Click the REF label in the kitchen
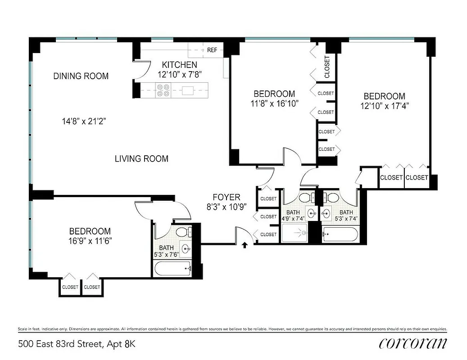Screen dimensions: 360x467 [212, 50]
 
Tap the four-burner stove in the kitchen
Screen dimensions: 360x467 [163, 90]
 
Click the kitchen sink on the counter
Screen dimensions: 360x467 [188, 90]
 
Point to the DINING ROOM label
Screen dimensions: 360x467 [81, 76]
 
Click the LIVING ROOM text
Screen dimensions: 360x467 [141, 158]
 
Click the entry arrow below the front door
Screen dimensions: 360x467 [245, 245]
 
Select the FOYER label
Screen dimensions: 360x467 [227, 197]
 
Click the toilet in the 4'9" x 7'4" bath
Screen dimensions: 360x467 [304, 198]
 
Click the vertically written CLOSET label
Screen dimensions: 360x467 [327, 67]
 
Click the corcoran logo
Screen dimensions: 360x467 [413, 343]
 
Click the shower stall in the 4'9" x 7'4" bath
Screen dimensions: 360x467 [295, 233]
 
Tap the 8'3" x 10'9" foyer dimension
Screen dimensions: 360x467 [227, 208]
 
